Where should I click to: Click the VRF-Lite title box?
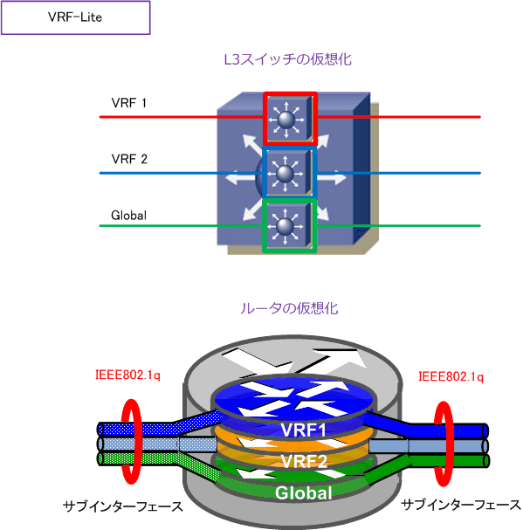click(75, 17)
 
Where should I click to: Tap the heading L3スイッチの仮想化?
click(288, 59)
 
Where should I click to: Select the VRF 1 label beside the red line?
click(129, 103)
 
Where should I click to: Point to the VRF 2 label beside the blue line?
click(129, 159)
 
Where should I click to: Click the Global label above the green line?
click(129, 216)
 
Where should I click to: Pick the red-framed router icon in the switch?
click(290, 119)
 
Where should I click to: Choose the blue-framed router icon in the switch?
click(289, 172)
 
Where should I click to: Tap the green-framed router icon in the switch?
click(289, 226)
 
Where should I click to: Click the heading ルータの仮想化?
click(289, 308)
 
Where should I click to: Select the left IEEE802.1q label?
click(127, 375)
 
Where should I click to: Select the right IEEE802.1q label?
click(451, 376)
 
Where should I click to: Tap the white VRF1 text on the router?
click(303, 430)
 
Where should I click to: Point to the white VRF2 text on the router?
click(304, 461)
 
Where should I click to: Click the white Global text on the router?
click(303, 492)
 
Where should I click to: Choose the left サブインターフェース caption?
click(123, 506)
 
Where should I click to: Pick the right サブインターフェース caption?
click(461, 505)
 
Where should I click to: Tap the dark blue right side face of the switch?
click(361, 169)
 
